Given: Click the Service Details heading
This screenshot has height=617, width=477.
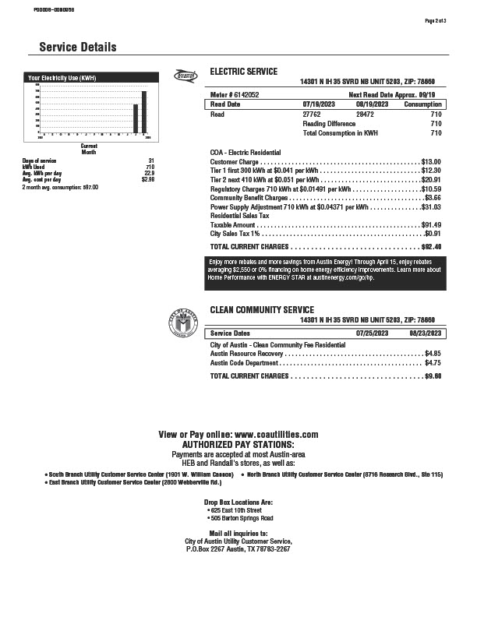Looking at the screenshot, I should point(78,48).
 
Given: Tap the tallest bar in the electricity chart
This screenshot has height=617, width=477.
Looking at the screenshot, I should point(143,112).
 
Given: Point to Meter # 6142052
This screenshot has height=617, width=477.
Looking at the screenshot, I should point(235,93).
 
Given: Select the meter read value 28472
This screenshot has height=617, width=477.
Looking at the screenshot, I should point(366,115).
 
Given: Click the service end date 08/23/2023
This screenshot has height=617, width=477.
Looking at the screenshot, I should point(426,333).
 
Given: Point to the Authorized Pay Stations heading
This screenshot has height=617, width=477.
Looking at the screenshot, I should point(238,443).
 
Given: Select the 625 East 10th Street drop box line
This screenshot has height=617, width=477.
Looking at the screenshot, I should point(240,509).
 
